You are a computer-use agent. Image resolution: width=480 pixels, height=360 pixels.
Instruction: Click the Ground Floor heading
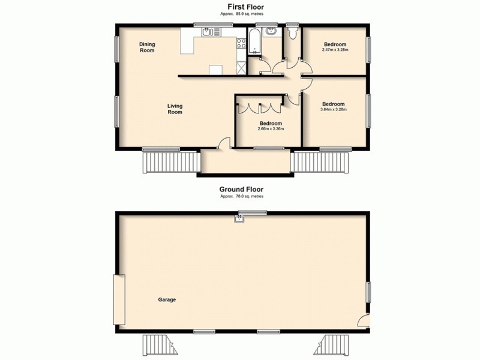coord(242,188)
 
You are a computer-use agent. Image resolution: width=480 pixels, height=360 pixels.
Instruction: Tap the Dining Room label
coord(147,47)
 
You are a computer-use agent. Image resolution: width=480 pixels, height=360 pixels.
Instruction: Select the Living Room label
coord(175,109)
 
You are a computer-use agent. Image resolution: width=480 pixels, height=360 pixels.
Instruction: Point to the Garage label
coord(167,299)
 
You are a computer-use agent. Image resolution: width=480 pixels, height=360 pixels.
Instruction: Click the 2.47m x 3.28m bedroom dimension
coord(335,50)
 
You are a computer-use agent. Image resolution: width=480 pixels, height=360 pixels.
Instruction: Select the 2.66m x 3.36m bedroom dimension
coord(271,128)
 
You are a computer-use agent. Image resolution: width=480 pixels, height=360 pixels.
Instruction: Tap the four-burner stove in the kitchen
coord(242,43)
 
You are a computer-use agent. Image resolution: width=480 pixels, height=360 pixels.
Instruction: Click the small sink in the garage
coord(240,219)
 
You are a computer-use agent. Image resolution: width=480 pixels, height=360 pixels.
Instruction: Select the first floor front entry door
coord(223,143)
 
